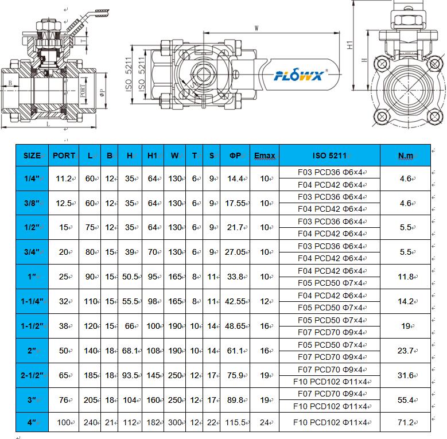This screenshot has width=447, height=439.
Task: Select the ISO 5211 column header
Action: (x=329, y=156)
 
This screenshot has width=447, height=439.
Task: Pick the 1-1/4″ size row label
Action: (x=32, y=301)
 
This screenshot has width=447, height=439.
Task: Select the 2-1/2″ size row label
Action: (x=32, y=375)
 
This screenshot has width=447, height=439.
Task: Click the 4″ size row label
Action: (x=32, y=422)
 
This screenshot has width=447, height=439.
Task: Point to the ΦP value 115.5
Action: (x=235, y=422)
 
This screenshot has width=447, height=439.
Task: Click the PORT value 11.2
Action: (x=63, y=178)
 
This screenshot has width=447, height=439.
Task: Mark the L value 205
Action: (x=90, y=400)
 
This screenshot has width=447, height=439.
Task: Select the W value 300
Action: (x=174, y=422)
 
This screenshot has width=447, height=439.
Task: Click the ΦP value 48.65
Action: (x=235, y=326)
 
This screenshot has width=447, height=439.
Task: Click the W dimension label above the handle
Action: (x=256, y=27)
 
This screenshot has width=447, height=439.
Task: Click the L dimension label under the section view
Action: (x=48, y=123)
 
